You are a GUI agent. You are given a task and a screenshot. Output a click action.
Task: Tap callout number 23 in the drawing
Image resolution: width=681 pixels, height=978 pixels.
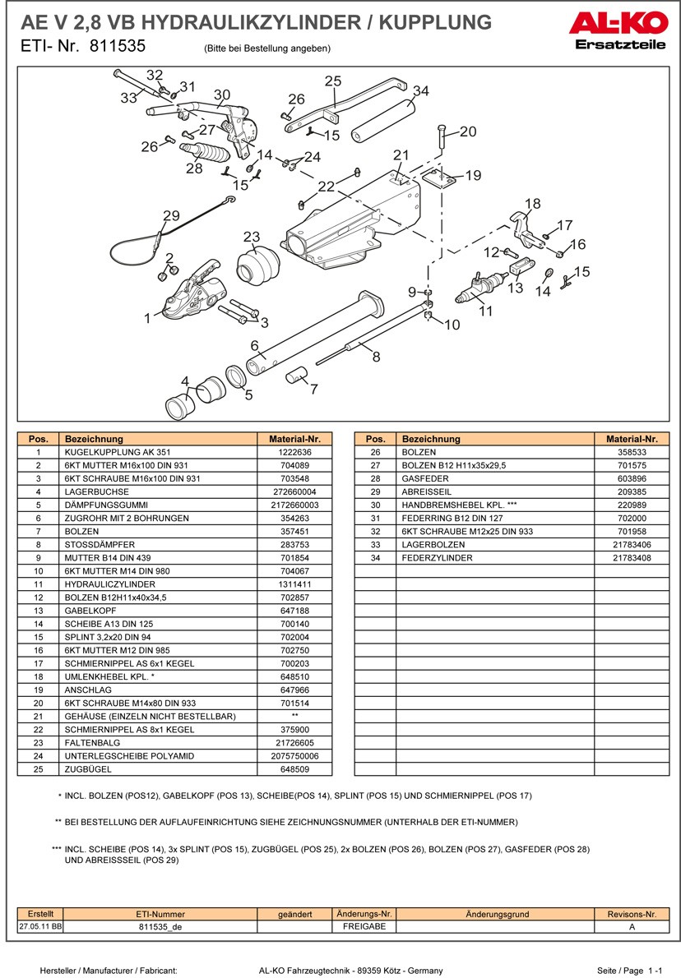(x=251, y=237)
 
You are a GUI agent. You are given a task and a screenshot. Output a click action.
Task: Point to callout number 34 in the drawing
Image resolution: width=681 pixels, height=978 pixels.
(x=420, y=90)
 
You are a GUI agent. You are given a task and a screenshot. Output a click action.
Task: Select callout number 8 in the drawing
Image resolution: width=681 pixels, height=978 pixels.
(x=376, y=357)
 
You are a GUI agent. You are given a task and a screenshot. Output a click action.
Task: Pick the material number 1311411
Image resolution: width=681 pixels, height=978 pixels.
(x=294, y=584)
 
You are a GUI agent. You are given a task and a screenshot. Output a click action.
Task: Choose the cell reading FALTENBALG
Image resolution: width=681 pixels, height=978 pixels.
(x=90, y=741)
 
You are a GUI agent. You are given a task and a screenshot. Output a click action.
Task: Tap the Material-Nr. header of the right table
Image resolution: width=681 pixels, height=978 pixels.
(x=631, y=439)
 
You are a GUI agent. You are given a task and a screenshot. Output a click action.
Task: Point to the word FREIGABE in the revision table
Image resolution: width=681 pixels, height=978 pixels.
(x=364, y=926)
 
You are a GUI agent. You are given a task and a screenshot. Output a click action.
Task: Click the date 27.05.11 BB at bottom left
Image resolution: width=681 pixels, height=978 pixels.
(x=40, y=926)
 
